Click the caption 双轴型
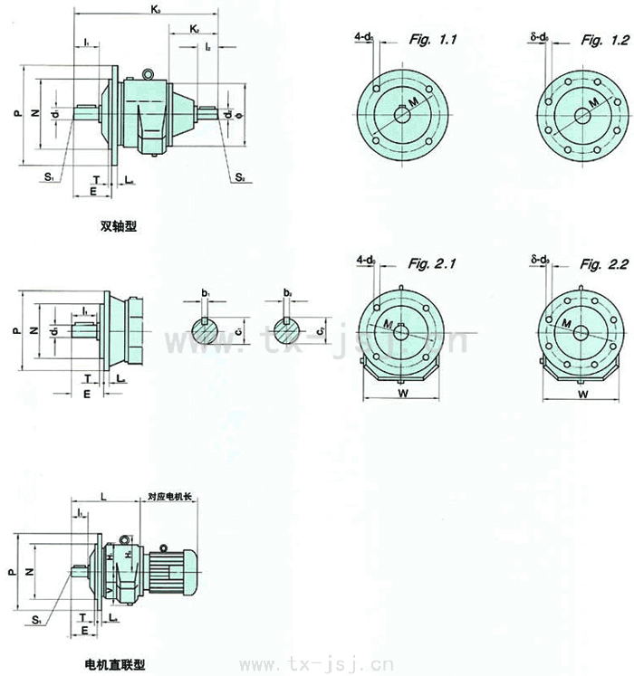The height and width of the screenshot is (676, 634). [x=119, y=227]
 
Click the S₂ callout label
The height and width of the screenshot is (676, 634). [x=240, y=178]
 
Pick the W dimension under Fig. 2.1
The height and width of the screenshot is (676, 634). [x=403, y=395]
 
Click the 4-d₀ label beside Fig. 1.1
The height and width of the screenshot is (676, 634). [x=365, y=37]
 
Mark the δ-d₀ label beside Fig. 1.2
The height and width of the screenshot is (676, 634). [x=541, y=37]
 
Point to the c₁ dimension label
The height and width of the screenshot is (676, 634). [x=237, y=332]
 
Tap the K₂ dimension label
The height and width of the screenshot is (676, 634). [x=195, y=30]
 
